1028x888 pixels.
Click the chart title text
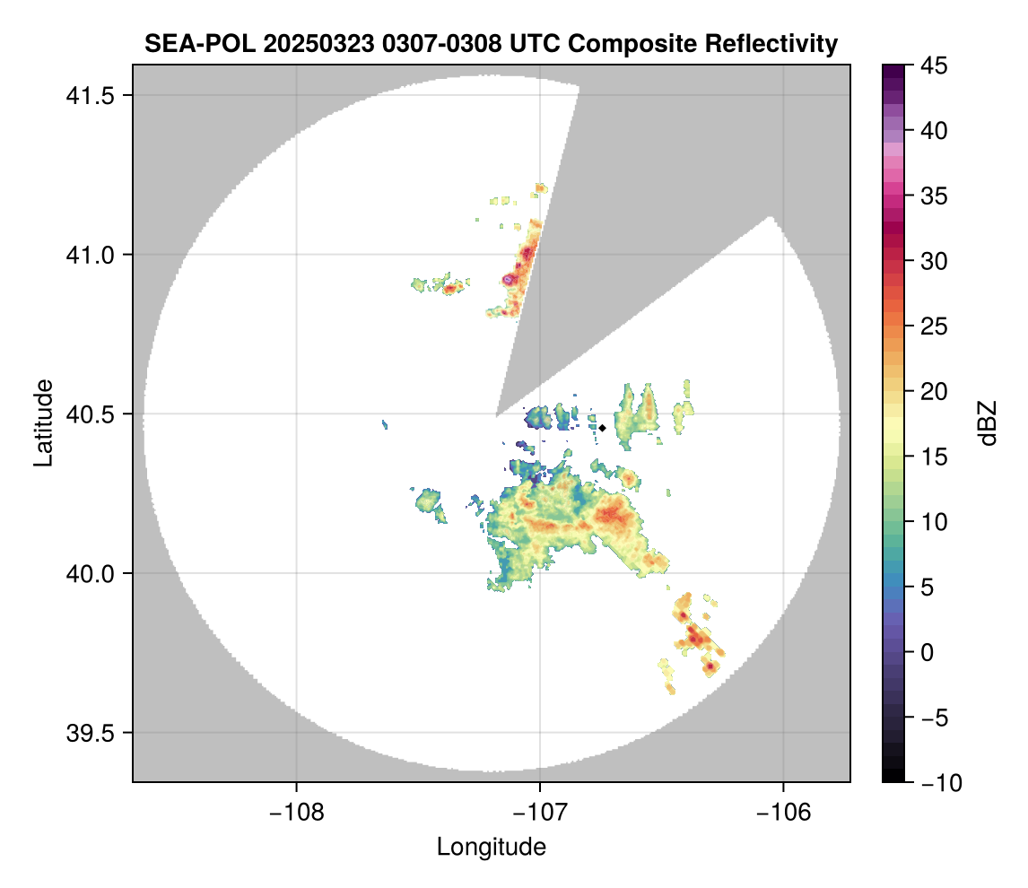[491, 43]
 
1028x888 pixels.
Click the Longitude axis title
[491, 846]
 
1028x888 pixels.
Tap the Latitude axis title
[43, 422]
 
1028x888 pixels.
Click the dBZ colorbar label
[988, 422]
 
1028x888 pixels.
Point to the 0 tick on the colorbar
[926, 652]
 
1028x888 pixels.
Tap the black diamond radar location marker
[603, 428]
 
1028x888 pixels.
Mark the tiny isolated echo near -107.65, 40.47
[384, 422]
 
